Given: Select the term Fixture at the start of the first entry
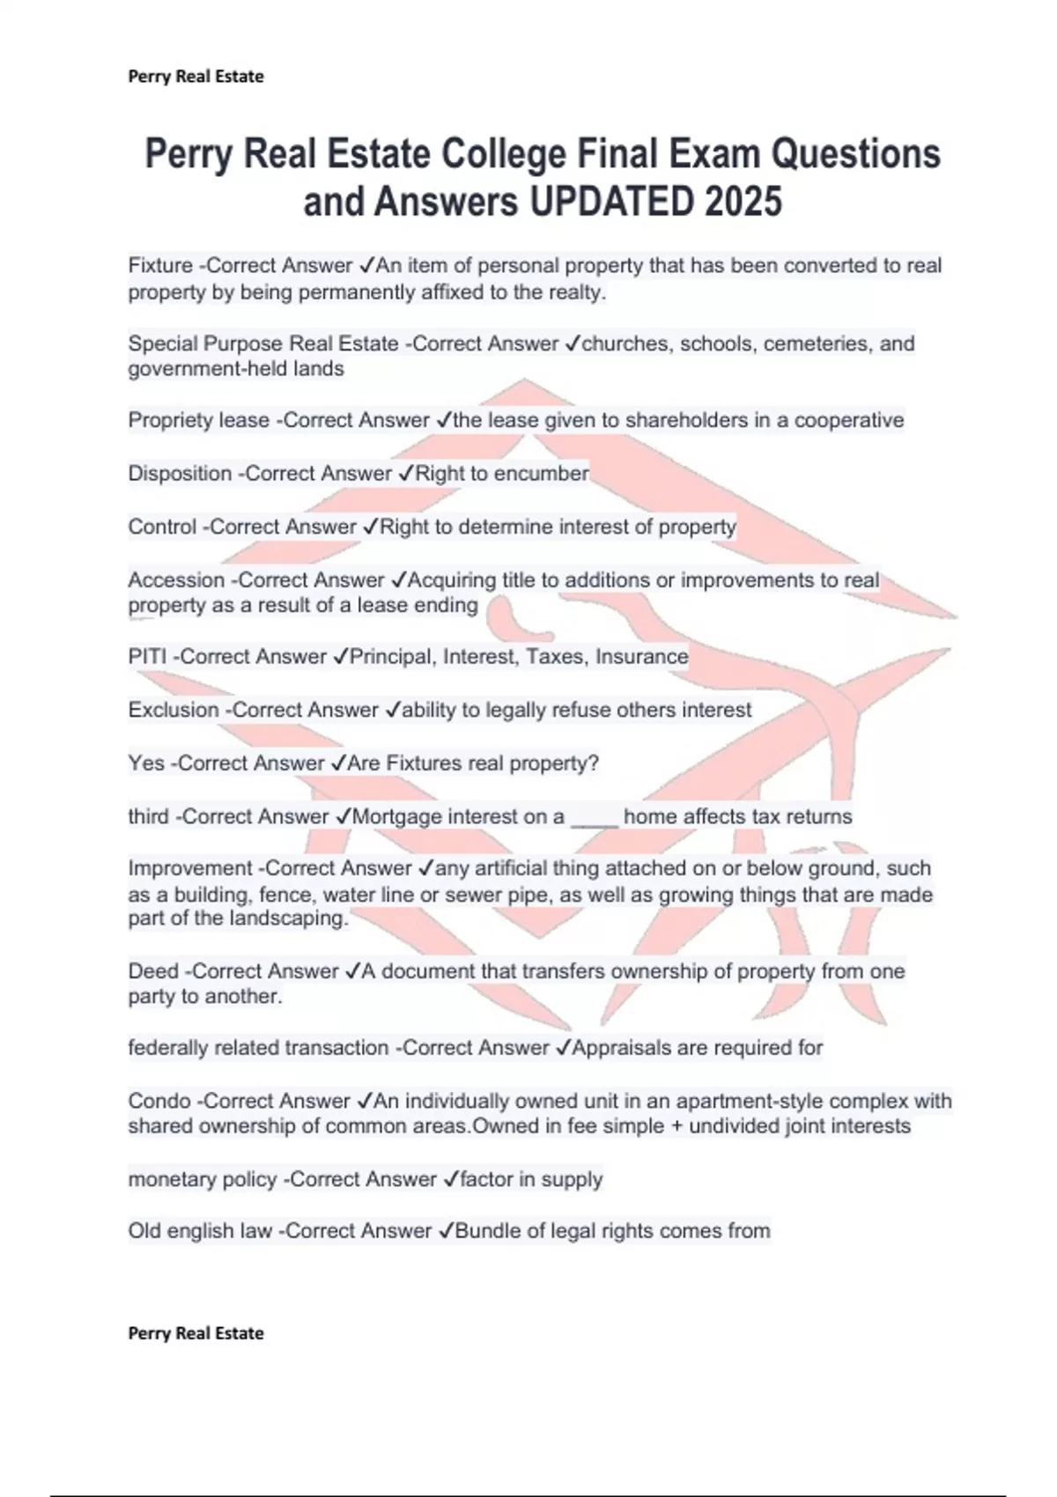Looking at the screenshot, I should point(160,266).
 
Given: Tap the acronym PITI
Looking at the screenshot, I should point(147,657).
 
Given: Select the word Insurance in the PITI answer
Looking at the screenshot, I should point(641,657).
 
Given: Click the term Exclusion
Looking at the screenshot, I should point(174,710).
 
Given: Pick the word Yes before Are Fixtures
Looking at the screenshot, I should point(146,763).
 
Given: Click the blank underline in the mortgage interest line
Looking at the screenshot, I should point(595,820).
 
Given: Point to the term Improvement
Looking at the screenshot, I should point(190,868).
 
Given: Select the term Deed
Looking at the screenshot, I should point(153,971).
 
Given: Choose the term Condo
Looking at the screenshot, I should point(159,1101).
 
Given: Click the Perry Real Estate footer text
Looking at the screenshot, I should point(196,1333).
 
